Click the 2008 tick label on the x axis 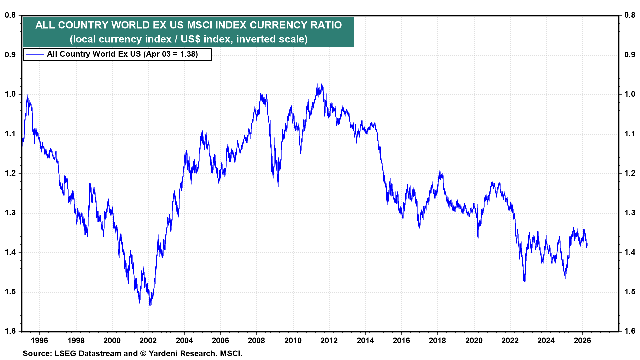tap(256, 340)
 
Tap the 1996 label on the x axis tap(39, 340)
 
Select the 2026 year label tap(582, 340)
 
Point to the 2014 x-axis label tap(365, 340)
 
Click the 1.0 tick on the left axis tap(10, 94)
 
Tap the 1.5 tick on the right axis tap(630, 292)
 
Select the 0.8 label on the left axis tap(10, 15)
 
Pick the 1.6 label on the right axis tap(630, 331)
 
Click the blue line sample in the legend tap(35, 54)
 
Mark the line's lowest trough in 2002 tap(150, 305)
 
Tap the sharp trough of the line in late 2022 tap(524, 281)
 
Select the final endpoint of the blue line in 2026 tap(587, 244)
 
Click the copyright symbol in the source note tap(143, 353)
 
